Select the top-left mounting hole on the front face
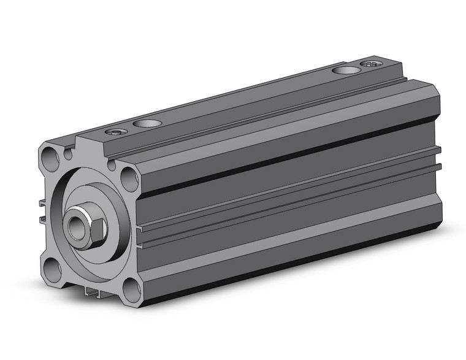pos(51,158)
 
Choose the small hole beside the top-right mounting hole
pos(112,164)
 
